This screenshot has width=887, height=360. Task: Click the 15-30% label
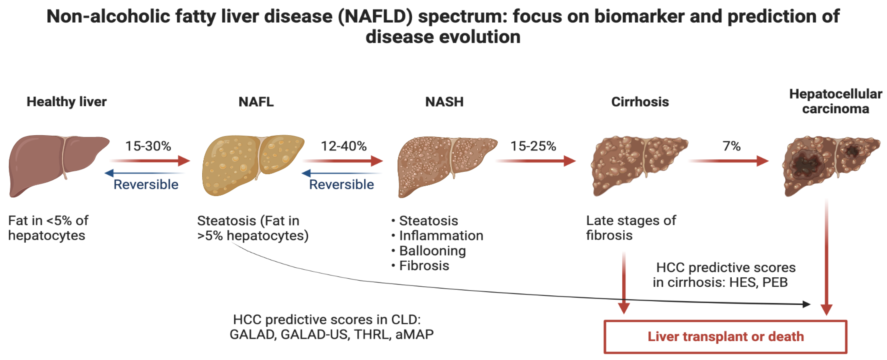click(x=148, y=146)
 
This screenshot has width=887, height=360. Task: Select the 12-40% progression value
click(x=344, y=146)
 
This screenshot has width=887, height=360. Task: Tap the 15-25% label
click(x=533, y=146)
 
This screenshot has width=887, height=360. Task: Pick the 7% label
click(x=731, y=146)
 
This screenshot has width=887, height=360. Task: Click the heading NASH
click(x=444, y=102)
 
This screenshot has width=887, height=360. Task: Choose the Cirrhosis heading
click(x=640, y=102)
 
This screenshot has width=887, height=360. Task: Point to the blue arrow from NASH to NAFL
click(x=341, y=173)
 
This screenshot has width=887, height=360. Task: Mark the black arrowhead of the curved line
click(x=806, y=304)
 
